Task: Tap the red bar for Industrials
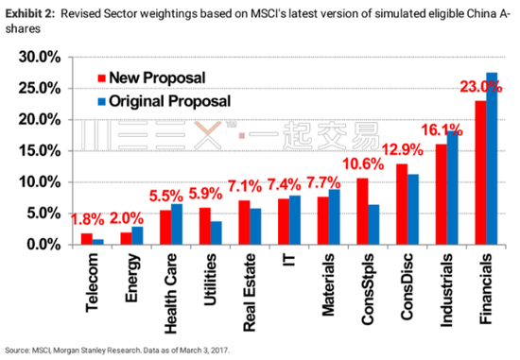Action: [441, 194]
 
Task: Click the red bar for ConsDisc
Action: [401, 203]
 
